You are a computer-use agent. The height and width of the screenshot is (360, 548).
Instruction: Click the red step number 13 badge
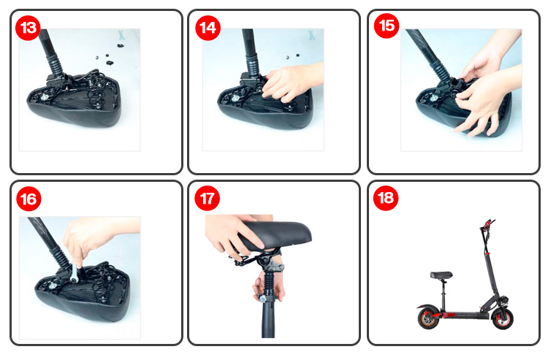pyautogui.click(x=28, y=28)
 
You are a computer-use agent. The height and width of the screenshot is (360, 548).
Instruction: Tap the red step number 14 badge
pyautogui.click(x=208, y=28)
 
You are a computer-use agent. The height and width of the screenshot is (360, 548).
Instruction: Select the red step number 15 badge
pyautogui.click(x=387, y=26)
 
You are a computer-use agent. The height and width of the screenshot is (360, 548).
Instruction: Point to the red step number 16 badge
pyautogui.click(x=28, y=199)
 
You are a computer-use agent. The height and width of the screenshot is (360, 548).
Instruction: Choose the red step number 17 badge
pyautogui.click(x=208, y=199)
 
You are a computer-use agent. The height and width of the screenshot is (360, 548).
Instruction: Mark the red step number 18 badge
pyautogui.click(x=386, y=198)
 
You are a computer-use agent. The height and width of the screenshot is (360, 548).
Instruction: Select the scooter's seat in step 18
pyautogui.click(x=441, y=275)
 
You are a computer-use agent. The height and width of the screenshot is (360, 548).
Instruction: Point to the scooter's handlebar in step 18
pyautogui.click(x=487, y=223)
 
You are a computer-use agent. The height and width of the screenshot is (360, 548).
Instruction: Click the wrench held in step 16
pyautogui.click(x=75, y=270)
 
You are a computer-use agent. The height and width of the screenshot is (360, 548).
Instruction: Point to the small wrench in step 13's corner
pyautogui.click(x=121, y=35)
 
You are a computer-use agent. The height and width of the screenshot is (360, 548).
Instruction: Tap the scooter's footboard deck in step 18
pyautogui.click(x=465, y=315)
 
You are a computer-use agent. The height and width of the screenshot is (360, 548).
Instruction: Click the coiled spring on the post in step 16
pyautogui.click(x=60, y=256)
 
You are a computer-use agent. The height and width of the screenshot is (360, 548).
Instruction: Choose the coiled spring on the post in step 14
pyautogui.click(x=252, y=63)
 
